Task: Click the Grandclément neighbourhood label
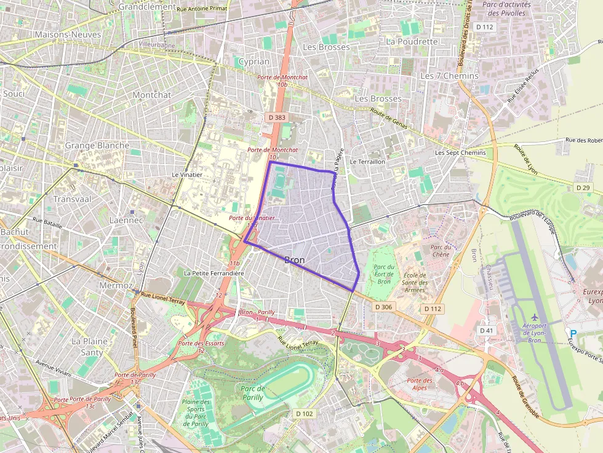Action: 147,6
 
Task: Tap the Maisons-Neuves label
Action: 68,34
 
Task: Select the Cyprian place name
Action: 254,61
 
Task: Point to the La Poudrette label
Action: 412,42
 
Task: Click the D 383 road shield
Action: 277,117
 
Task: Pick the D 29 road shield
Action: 583,187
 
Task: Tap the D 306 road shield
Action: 382,307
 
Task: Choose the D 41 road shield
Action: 486,331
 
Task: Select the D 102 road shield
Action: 304,414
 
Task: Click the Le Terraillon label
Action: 367,161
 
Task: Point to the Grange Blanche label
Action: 97,146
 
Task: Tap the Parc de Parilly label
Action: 253,393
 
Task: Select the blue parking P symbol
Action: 573,333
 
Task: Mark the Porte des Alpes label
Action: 420,384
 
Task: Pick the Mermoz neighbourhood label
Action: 115,286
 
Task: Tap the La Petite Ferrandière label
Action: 214,273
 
